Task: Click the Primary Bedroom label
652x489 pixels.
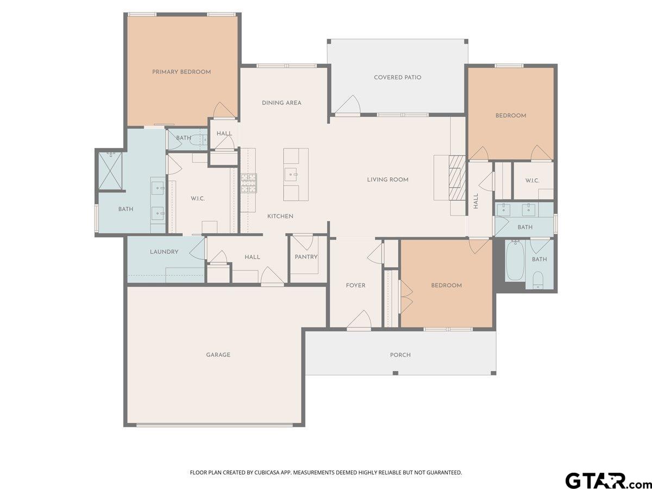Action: (x=181, y=72)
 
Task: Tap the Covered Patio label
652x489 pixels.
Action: (x=397, y=77)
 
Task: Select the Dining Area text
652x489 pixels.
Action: (x=281, y=103)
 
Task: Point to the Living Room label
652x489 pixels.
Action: (x=387, y=179)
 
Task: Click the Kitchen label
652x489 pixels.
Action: (x=280, y=216)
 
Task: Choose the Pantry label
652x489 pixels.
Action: (x=306, y=257)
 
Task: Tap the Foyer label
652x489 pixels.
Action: (x=356, y=285)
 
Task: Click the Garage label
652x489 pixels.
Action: (x=218, y=355)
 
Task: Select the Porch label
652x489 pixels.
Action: (x=400, y=355)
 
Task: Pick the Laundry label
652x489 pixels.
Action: (x=164, y=252)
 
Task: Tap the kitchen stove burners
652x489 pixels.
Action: (x=249, y=183)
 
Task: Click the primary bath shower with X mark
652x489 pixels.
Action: (x=110, y=170)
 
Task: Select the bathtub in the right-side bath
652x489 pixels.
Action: (x=515, y=261)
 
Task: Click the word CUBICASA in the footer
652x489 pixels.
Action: (x=271, y=473)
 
